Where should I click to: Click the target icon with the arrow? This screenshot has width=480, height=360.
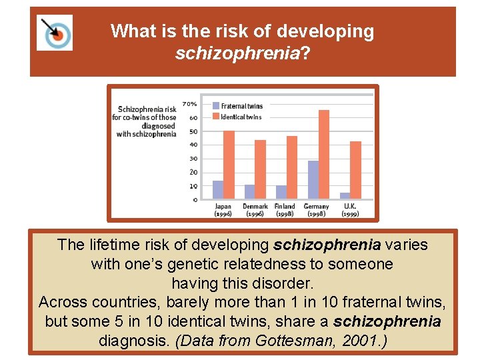click(x=55, y=31)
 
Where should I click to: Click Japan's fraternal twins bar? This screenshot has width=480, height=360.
click(x=218, y=190)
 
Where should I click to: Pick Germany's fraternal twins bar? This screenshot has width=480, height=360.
click(x=313, y=179)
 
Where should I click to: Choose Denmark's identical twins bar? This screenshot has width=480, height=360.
click(x=260, y=169)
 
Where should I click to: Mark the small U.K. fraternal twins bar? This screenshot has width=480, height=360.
click(x=345, y=195)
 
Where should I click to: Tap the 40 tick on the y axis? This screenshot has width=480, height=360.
click(x=193, y=145)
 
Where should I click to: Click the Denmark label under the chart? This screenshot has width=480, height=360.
click(x=255, y=207)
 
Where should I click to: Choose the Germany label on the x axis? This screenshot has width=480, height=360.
click(x=317, y=207)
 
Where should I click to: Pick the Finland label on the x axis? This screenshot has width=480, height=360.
click(x=285, y=207)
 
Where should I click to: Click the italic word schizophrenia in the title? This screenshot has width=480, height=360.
click(x=237, y=53)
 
